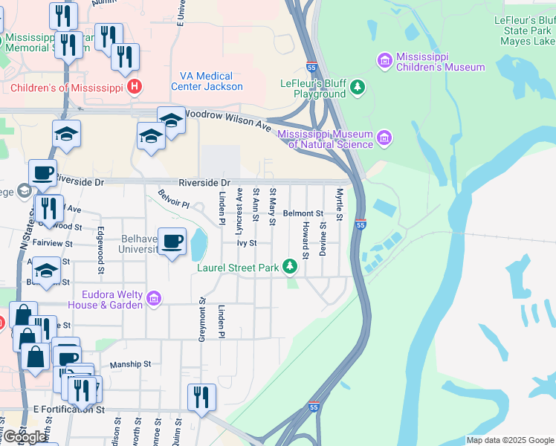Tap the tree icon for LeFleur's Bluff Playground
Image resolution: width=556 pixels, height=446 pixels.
(358, 88)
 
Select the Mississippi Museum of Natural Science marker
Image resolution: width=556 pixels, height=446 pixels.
(384, 137)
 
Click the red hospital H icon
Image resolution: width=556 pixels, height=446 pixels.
(134, 88)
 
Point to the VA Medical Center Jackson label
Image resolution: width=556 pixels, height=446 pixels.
(207, 81)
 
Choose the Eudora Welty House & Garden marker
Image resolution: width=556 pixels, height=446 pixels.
(154, 299)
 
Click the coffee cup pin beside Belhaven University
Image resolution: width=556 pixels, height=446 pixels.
(172, 242)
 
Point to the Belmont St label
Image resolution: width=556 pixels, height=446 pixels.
(303, 213)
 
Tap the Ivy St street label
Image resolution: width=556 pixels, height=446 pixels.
(247, 243)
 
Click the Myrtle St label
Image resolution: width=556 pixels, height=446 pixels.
(339, 204)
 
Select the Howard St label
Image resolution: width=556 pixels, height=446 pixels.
(306, 236)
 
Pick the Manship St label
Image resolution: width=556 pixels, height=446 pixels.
(130, 364)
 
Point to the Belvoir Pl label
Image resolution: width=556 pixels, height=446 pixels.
(174, 199)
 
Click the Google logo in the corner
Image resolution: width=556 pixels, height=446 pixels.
(25, 437)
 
